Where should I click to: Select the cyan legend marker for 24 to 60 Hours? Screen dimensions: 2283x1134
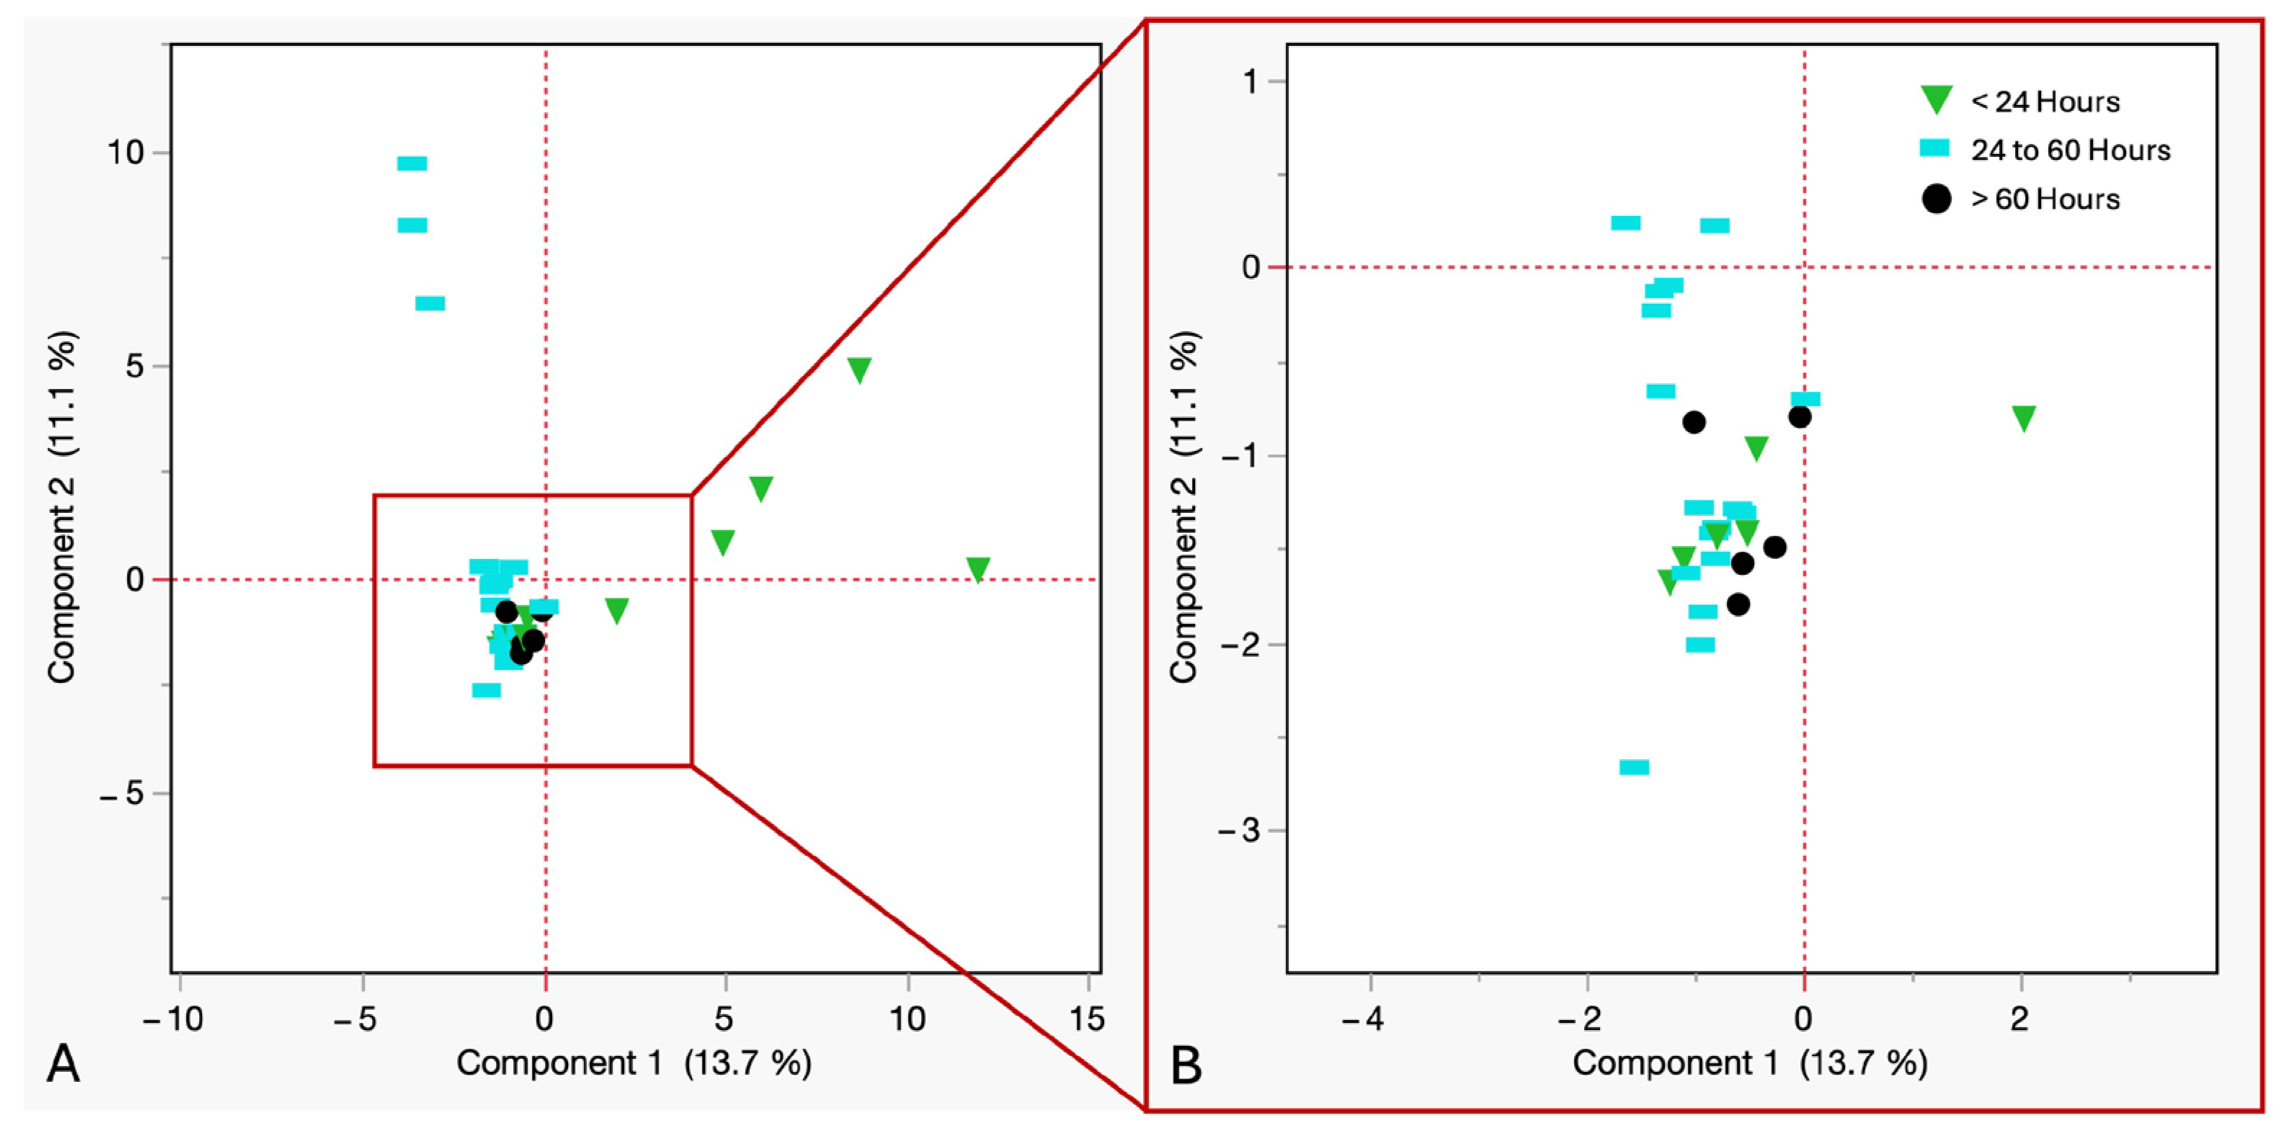(1935, 148)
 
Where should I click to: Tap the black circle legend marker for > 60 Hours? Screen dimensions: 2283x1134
(1936, 198)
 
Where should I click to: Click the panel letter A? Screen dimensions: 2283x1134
(63, 1063)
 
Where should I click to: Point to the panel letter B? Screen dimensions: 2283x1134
(1185, 1065)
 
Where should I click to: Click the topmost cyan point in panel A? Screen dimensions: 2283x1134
(412, 163)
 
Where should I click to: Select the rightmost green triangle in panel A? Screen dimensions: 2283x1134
(977, 568)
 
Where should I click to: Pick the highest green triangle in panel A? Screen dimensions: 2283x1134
(859, 370)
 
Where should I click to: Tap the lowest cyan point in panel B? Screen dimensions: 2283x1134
(1634, 767)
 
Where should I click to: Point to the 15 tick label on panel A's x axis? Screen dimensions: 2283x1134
(1087, 1019)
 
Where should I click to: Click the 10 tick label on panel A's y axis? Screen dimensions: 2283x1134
(125, 153)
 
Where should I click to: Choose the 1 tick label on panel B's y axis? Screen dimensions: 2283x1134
(1250, 81)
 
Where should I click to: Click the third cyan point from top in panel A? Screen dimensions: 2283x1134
(430, 303)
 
